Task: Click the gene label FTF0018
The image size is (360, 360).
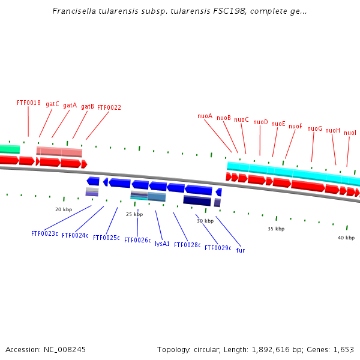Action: (x=29, y=103)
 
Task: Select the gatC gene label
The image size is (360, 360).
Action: (x=52, y=104)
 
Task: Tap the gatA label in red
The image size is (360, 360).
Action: (x=70, y=105)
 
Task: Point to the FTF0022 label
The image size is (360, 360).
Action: (x=109, y=108)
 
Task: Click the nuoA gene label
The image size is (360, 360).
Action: (x=205, y=116)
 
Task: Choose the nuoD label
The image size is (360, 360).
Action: (x=260, y=122)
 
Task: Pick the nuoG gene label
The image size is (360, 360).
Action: (x=314, y=128)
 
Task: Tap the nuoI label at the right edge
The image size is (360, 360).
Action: (x=350, y=133)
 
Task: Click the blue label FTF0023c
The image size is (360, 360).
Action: (x=44, y=233)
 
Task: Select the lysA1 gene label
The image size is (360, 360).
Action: (x=162, y=244)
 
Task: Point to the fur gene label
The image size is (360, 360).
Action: (x=240, y=250)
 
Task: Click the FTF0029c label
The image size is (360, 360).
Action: (x=218, y=248)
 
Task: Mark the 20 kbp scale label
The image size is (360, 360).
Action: (x=64, y=209)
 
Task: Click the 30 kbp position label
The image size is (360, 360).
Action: (x=205, y=221)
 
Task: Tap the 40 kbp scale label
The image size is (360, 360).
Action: (x=346, y=238)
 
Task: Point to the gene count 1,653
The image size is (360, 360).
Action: (x=343, y=349)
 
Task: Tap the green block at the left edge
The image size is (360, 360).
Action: (x=9, y=149)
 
